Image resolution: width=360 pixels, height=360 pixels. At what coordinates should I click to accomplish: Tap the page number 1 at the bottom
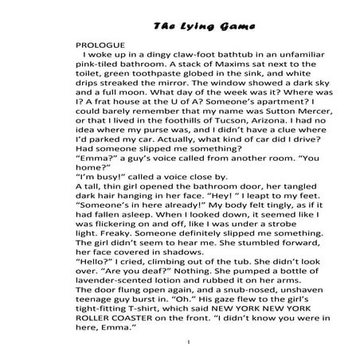[x=184, y=342]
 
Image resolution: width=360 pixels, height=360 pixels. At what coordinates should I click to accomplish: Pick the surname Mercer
[x=289, y=136]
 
